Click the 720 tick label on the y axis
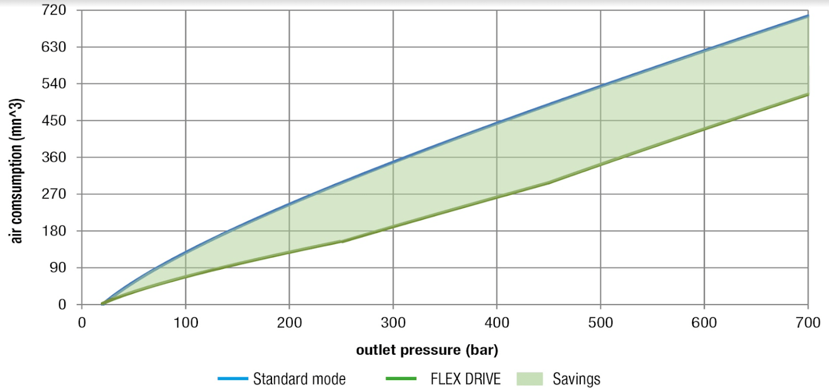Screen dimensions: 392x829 pyautogui.click(x=54, y=10)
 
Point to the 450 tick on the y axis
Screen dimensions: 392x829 pyautogui.click(x=54, y=120)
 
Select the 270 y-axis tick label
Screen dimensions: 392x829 pyautogui.click(x=54, y=194)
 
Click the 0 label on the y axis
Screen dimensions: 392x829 pyautogui.click(x=62, y=304)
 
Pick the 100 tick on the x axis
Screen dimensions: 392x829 pyautogui.click(x=185, y=323)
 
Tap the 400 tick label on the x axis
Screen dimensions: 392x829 pyautogui.click(x=497, y=323)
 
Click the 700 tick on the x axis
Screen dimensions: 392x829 pyautogui.click(x=808, y=323)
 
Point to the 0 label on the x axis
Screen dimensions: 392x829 pyautogui.click(x=82, y=323)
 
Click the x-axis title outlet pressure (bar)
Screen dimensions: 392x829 pyautogui.click(x=427, y=350)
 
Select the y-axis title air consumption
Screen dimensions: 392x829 pyautogui.click(x=17, y=170)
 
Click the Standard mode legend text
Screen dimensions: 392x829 pyautogui.click(x=299, y=379)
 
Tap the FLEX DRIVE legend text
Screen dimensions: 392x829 pyautogui.click(x=465, y=379)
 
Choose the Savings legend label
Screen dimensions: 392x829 pyautogui.click(x=576, y=379)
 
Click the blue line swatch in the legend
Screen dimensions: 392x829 pyautogui.click(x=233, y=379)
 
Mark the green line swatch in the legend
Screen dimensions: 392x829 pyautogui.click(x=401, y=379)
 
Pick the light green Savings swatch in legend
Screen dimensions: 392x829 pyautogui.click(x=530, y=379)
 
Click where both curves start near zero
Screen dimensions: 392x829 pyautogui.click(x=103, y=303)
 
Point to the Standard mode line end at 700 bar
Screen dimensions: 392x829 pyautogui.click(x=808, y=16)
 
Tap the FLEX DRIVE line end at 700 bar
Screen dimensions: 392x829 pyautogui.click(x=808, y=94)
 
